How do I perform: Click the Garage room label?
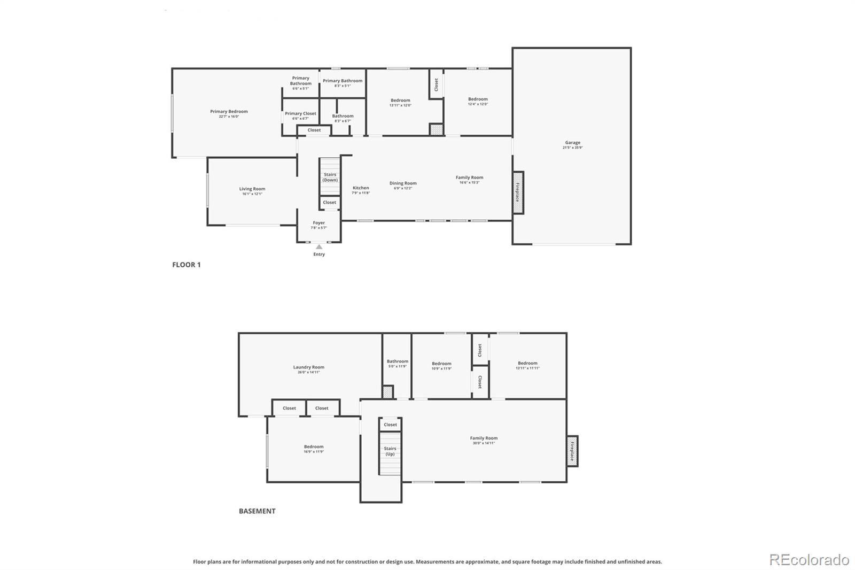click(x=572, y=143)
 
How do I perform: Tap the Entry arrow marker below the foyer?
click(x=319, y=247)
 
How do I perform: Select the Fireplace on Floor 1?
click(x=518, y=192)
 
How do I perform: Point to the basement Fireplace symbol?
click(x=572, y=451)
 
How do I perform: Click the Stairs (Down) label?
click(x=330, y=177)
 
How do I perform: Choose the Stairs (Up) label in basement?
click(x=390, y=451)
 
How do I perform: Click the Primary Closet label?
click(x=300, y=113)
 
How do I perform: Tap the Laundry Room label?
click(x=308, y=367)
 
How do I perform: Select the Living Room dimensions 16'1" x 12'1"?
click(x=252, y=194)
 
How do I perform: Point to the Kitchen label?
click(x=361, y=188)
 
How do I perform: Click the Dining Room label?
click(x=403, y=183)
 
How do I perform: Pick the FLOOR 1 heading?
click(x=186, y=265)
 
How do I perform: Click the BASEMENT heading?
click(x=257, y=511)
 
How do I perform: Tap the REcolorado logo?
click(x=809, y=560)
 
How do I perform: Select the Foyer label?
click(x=319, y=223)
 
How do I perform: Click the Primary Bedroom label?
click(x=229, y=112)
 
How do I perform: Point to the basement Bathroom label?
click(x=398, y=361)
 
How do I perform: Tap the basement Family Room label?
click(x=484, y=438)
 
